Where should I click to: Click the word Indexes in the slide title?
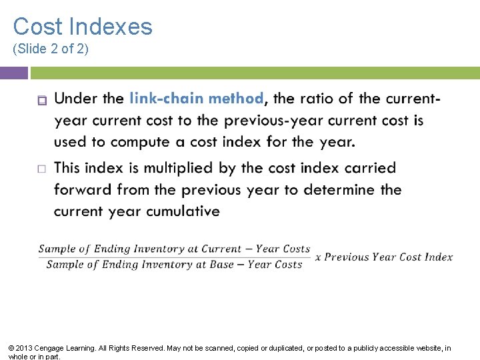point(111,27)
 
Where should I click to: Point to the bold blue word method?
point(236,99)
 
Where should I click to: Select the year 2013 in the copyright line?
point(23,348)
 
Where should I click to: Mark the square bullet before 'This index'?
point(41,169)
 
